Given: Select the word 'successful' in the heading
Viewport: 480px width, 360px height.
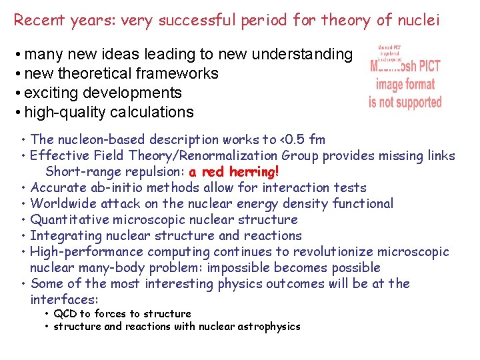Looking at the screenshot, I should tap(174, 20).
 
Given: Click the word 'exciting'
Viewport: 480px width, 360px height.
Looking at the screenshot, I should tap(51, 93).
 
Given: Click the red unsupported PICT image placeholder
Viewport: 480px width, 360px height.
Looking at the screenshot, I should tap(405, 78).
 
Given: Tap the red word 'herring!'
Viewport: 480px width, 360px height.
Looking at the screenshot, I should tap(253, 172).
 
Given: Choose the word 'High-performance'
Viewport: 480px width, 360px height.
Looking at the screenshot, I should tap(87, 251).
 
